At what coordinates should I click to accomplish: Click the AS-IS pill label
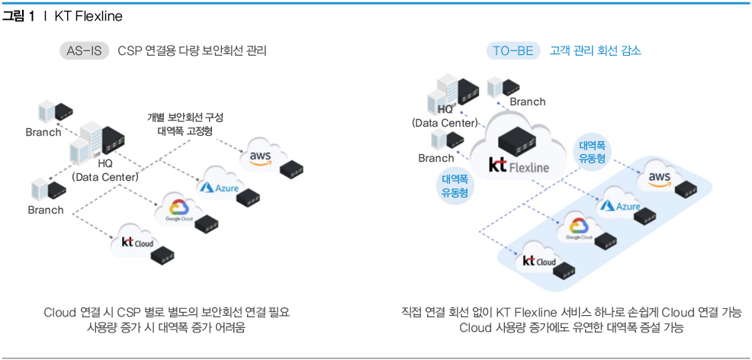coord(85,51)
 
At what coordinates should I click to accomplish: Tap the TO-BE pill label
coord(513,51)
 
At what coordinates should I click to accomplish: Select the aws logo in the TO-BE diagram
coord(658,178)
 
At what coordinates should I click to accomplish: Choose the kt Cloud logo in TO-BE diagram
coord(538,261)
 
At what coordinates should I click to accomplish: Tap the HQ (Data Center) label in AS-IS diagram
coord(104,170)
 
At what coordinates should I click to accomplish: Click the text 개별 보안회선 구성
coord(185,117)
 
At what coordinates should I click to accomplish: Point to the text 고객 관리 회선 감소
coord(596,51)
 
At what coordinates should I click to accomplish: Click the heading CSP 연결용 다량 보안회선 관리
coord(192,51)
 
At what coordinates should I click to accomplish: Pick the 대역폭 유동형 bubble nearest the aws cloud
coord(593,151)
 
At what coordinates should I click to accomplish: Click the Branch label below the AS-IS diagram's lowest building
coord(46,210)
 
